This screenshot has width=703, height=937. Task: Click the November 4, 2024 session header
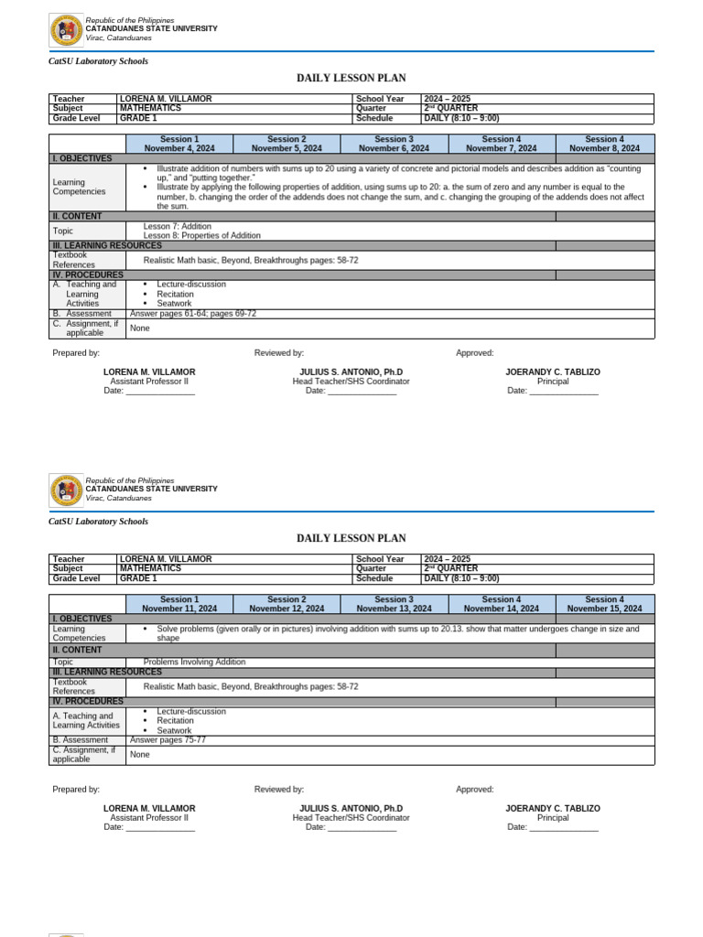click(178, 144)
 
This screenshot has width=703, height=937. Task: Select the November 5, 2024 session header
click(287, 144)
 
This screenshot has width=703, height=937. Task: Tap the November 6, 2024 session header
click(394, 144)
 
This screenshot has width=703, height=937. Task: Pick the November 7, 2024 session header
click(502, 144)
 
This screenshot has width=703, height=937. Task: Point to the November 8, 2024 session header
click(604, 144)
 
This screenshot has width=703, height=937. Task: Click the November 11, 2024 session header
click(178, 604)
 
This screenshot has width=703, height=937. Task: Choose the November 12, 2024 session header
click(287, 604)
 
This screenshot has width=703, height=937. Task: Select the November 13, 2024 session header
click(394, 604)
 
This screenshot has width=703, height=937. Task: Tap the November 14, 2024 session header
click(502, 604)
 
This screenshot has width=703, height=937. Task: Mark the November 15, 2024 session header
click(604, 604)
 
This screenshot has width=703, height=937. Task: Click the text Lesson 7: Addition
click(177, 226)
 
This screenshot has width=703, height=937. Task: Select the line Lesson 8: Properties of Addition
click(201, 236)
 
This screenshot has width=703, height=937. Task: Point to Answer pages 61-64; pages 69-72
click(193, 314)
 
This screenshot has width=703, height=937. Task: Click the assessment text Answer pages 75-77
click(168, 739)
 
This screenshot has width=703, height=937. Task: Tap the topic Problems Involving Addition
click(194, 662)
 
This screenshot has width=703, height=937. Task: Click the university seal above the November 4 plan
click(66, 31)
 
